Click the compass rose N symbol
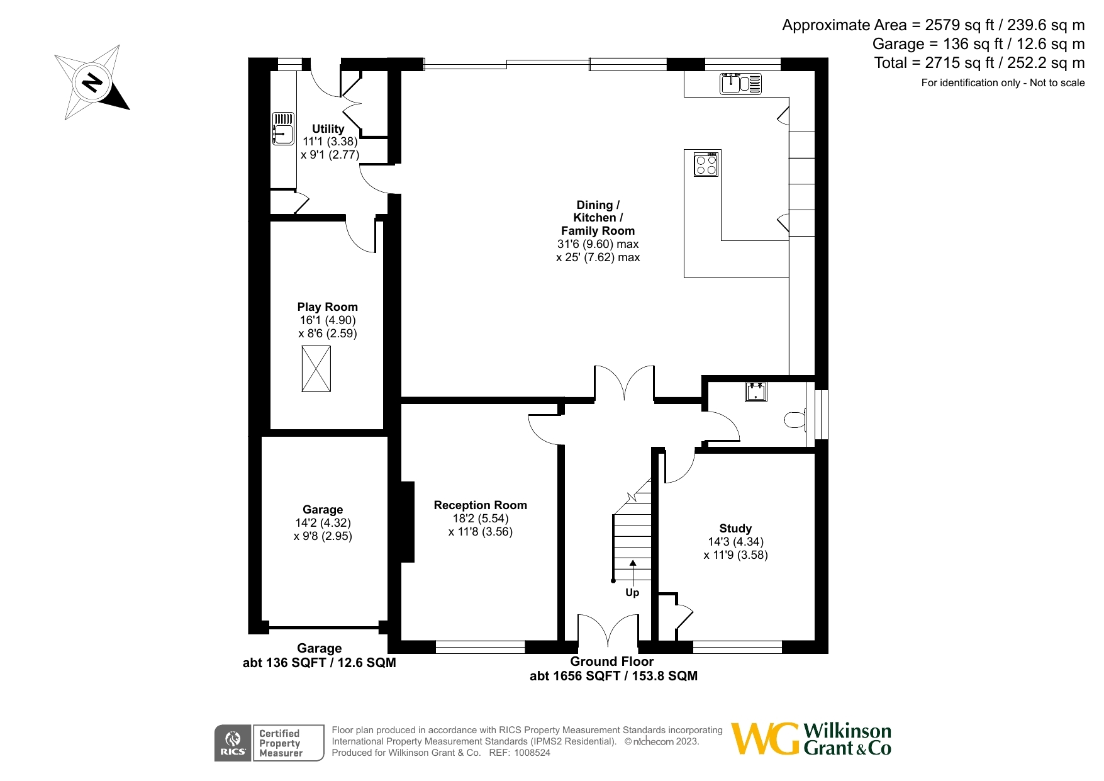coord(93,82)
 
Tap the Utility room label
coord(328,128)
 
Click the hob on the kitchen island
coord(706,164)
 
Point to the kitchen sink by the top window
coord(740,84)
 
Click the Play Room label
coord(327,307)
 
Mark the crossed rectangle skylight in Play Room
coord(316,369)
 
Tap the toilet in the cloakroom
coord(796,420)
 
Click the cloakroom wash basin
coord(756,391)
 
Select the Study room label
coord(735,529)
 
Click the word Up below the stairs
coord(632,592)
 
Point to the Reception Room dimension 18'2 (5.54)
coord(481,519)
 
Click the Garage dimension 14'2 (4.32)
coord(323,523)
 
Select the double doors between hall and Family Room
coord(624,384)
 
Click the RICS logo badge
coord(233,743)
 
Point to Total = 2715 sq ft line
coord(979,63)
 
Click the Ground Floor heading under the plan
coord(611,661)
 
